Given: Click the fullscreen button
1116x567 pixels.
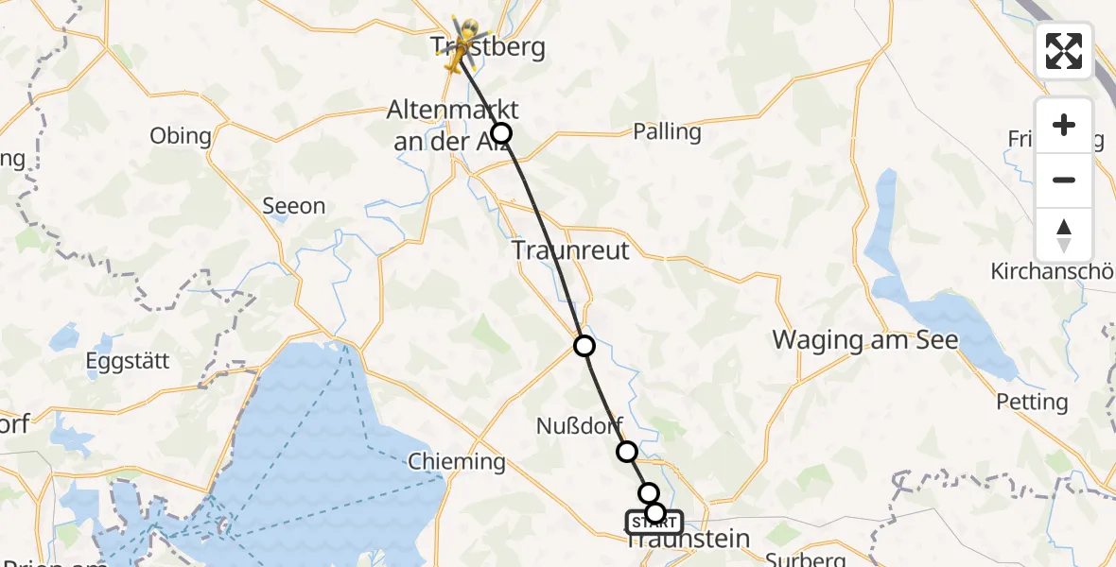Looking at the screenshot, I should pos(1064,51).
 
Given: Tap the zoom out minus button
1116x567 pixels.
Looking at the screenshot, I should pos(1064,180).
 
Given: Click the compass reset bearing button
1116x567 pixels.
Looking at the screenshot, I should pos(1064,234).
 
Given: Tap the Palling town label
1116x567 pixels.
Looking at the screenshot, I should pos(668,131).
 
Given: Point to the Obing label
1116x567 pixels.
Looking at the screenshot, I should pos(181,135).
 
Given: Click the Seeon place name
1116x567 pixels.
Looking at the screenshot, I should pos(293,206).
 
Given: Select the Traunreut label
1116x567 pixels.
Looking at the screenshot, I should pos(570,250).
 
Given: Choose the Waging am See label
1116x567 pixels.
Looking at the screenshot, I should pos(866,339).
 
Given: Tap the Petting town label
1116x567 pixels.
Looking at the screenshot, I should pos(1032,402).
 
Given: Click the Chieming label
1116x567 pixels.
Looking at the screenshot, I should pos(457,462).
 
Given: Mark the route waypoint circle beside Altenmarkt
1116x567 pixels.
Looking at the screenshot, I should pos(501,133).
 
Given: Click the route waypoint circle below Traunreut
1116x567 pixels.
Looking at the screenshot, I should pos(584,346).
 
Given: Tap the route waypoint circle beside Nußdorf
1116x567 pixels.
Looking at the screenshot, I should pos(627,452).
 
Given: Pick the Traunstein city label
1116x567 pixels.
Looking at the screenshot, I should pos(689,541).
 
